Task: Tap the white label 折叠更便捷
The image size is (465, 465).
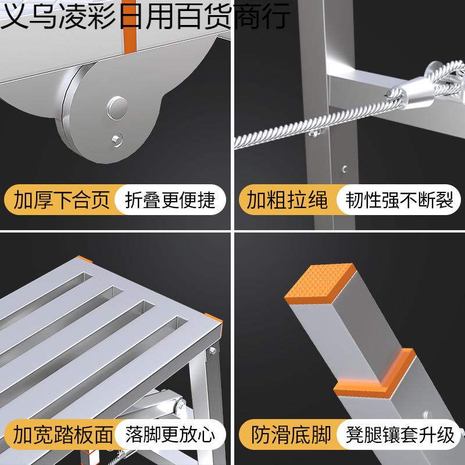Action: click(x=170, y=200)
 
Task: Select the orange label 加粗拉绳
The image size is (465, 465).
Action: click(x=287, y=200)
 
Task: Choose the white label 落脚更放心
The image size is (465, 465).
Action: click(x=170, y=434)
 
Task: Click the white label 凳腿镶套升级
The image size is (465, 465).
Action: click(x=400, y=434)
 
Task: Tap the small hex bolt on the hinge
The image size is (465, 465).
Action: click(x=119, y=139)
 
